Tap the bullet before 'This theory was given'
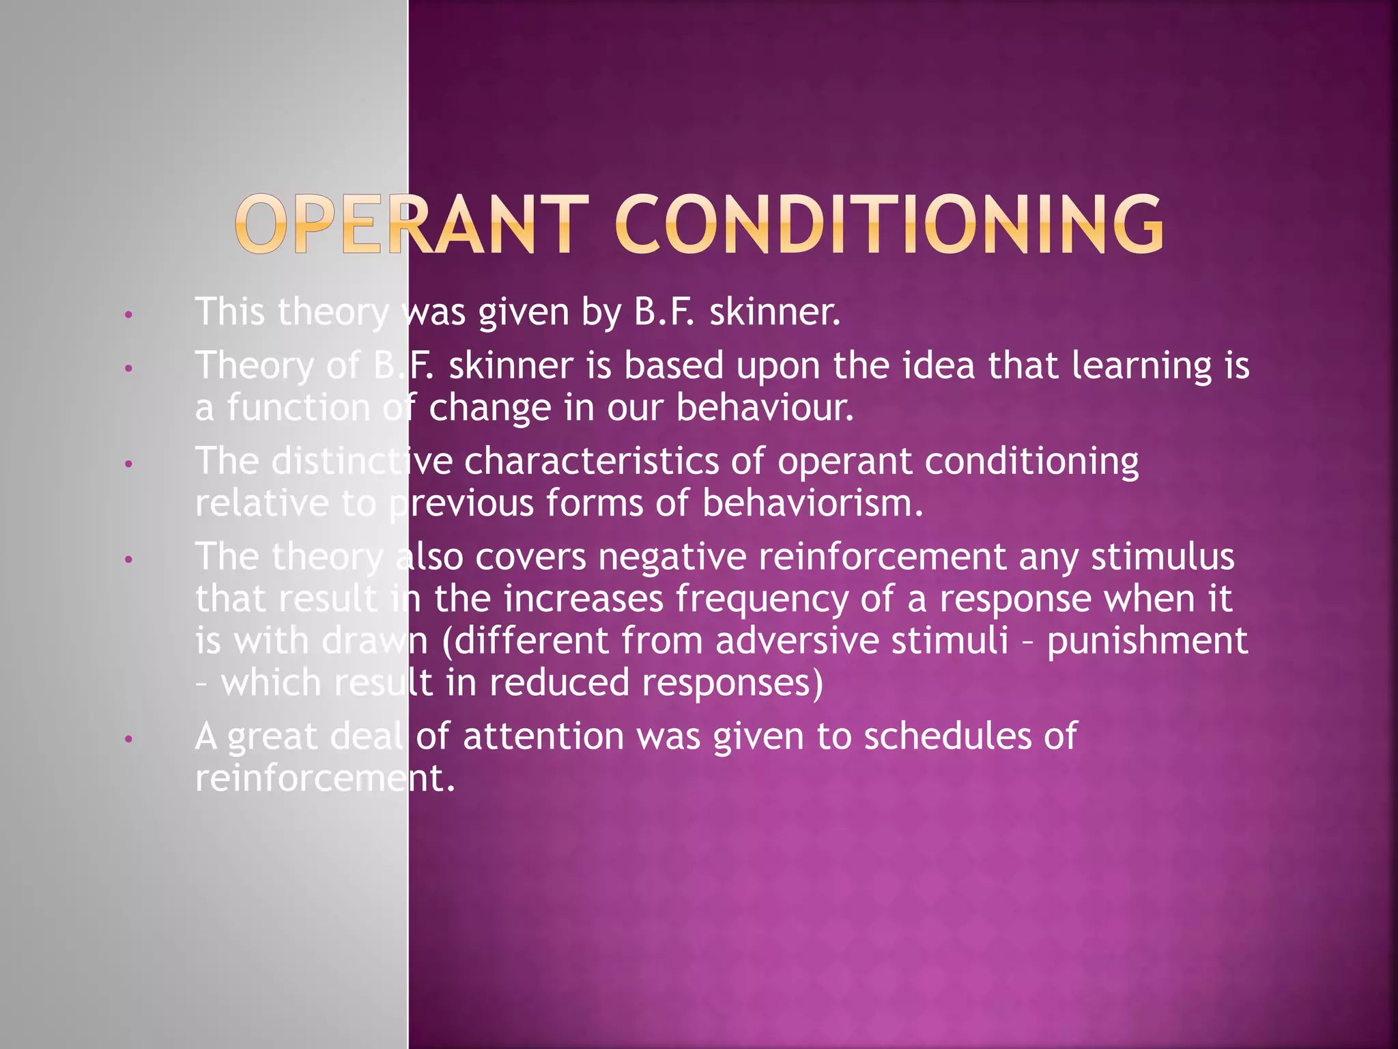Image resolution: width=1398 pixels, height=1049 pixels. (x=128, y=316)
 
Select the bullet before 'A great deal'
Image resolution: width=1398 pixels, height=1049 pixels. (x=128, y=740)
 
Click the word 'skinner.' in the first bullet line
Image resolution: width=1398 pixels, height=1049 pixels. (x=775, y=312)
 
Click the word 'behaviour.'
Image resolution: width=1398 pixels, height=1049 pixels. (x=765, y=408)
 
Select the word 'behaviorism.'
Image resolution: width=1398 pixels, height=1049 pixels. (x=812, y=503)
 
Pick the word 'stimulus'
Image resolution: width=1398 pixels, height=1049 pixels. (x=1162, y=557)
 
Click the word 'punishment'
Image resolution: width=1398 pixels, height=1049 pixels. (x=1147, y=642)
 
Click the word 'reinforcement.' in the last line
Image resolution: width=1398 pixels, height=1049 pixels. (x=325, y=778)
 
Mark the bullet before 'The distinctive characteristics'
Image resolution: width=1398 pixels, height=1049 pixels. (x=128, y=464)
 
